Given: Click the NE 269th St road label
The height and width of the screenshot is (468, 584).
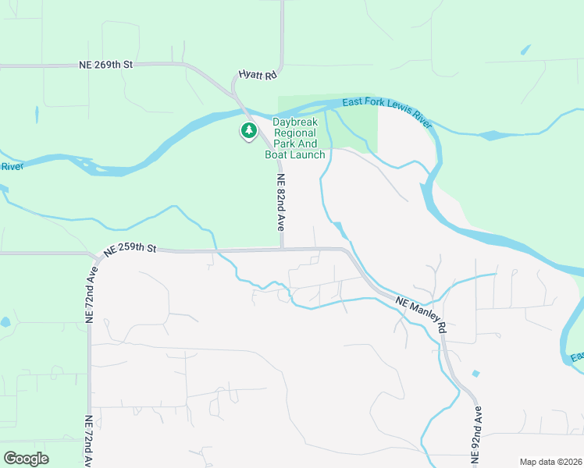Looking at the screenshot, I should [106, 64].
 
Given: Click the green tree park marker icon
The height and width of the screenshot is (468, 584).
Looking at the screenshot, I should [249, 131].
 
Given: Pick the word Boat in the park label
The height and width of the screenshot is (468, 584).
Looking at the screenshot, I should [277, 154].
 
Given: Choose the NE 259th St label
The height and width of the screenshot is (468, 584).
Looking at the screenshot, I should [130, 248].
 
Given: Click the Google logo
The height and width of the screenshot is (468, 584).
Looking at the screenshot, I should [26, 459].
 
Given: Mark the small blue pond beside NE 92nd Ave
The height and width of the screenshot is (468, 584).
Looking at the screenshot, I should [475, 374].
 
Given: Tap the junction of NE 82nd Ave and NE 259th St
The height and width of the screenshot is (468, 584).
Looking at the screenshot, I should [282, 250].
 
